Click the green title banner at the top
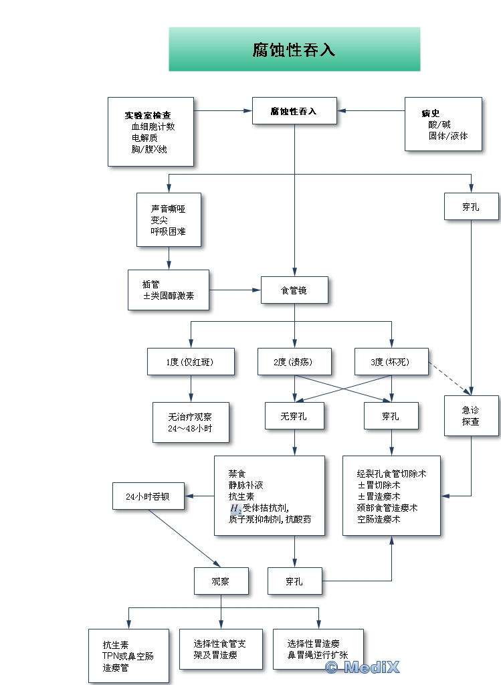[x=294, y=49]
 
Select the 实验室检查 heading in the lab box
[x=147, y=115]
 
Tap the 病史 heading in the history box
[x=430, y=113]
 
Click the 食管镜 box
[x=294, y=291]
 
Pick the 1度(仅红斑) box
[x=191, y=362]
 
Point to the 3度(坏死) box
[x=391, y=362]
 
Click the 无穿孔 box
[x=294, y=416]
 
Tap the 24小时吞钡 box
[x=148, y=497]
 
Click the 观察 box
[x=221, y=581]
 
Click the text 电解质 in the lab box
[x=144, y=138]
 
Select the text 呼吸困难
[x=168, y=231]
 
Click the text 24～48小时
[x=191, y=428]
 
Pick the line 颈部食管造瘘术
[x=387, y=508]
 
